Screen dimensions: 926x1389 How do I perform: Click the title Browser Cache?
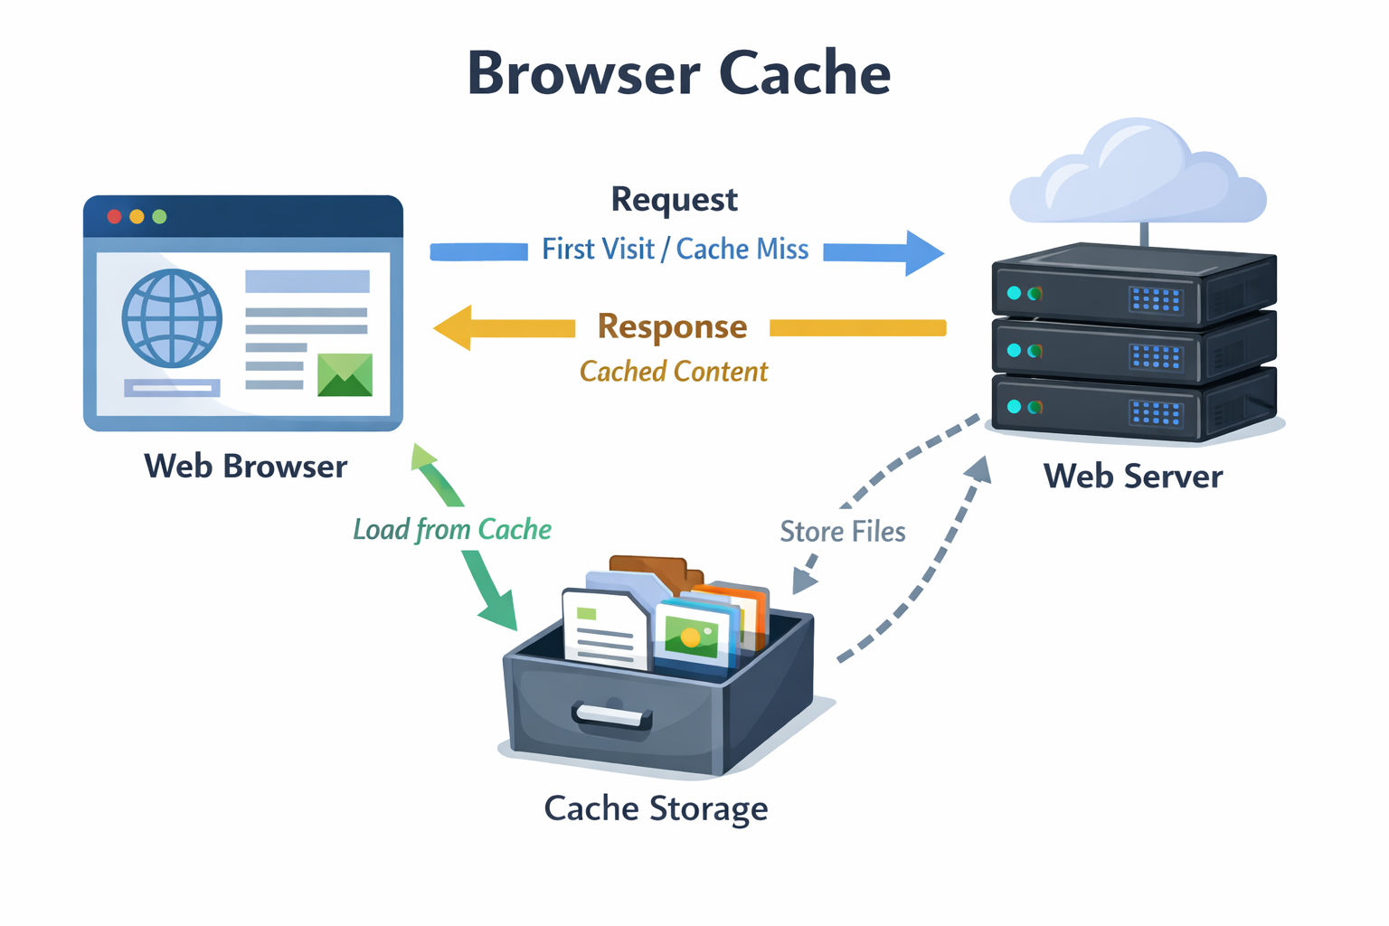pos(678,73)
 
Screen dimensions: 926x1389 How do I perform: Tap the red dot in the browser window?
pos(114,217)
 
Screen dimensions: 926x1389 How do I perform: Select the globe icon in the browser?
pos(172,318)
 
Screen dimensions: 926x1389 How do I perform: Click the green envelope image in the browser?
pos(345,374)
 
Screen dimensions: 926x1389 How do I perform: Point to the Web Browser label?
pos(245,467)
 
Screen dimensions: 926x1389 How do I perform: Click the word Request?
pos(675,200)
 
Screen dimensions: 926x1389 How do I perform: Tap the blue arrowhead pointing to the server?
pos(923,252)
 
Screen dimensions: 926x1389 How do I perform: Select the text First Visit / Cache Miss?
pos(675,250)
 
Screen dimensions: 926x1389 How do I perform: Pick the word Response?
pos(673,326)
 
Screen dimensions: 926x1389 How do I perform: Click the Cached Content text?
pos(674,372)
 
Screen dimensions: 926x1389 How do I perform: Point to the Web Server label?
pos(1132,477)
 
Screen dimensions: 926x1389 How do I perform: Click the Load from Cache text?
pos(452,530)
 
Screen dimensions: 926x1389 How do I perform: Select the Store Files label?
pos(842,532)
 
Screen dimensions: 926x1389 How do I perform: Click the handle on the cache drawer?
pos(611,716)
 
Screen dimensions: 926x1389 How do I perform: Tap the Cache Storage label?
pos(656,808)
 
